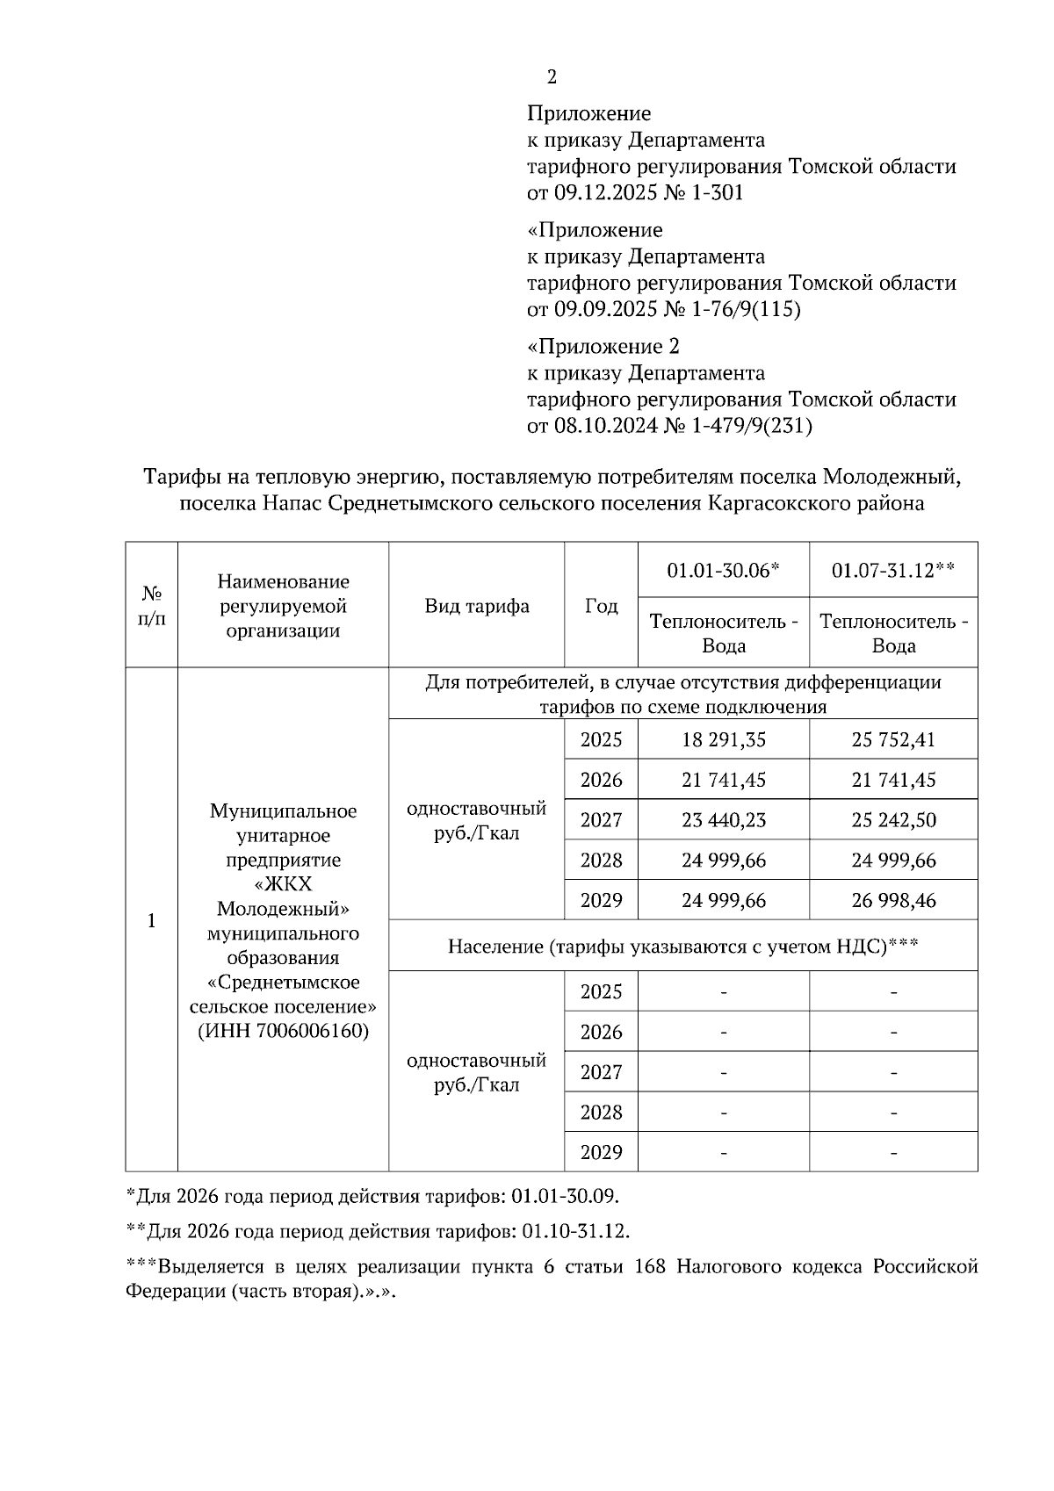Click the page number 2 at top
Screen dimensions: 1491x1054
point(552,77)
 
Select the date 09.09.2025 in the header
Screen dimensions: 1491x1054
point(605,310)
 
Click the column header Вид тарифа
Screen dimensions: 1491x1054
point(477,606)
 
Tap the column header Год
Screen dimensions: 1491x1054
point(602,606)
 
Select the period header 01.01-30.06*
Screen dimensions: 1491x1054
point(723,570)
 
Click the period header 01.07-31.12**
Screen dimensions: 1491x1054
point(893,570)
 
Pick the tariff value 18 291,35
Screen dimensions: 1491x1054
point(724,739)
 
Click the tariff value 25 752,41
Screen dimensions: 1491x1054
point(893,739)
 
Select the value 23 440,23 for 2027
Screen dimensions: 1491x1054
point(724,820)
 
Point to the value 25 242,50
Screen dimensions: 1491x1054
point(893,820)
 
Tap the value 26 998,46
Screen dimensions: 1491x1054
point(893,900)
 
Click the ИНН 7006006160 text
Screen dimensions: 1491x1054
point(283,1031)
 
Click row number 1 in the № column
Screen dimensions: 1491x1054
point(151,921)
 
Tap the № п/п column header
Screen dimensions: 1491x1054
point(151,606)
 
